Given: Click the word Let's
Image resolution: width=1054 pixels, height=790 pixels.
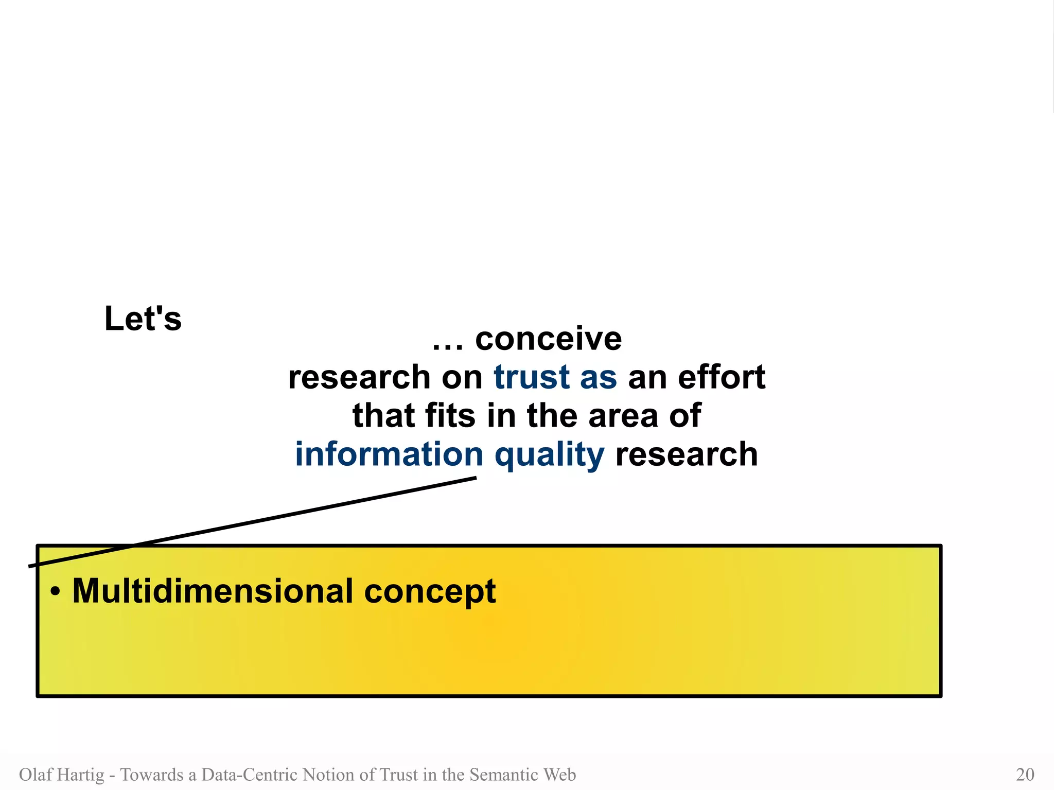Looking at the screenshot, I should pyautogui.click(x=143, y=319).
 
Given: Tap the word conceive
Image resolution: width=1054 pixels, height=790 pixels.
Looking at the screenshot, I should pyautogui.click(x=548, y=339).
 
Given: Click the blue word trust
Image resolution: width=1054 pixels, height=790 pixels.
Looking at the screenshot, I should pyautogui.click(x=532, y=377).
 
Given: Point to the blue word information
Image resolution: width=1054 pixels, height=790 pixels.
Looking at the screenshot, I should pyautogui.click(x=389, y=454).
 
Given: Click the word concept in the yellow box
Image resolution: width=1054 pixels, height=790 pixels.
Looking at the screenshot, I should pyautogui.click(x=430, y=592).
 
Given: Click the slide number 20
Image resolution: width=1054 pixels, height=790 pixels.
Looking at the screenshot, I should pyautogui.click(x=1025, y=775).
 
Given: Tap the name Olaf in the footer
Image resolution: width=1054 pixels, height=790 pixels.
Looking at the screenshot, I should pyautogui.click(x=35, y=775).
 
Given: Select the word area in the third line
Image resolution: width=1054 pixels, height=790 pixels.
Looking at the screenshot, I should pyautogui.click(x=623, y=416).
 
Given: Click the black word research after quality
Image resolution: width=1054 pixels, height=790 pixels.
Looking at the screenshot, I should pyautogui.click(x=686, y=454).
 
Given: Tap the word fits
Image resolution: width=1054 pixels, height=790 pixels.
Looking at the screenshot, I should pyautogui.click(x=450, y=416).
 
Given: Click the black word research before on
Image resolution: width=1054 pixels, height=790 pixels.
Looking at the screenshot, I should pyautogui.click(x=359, y=377).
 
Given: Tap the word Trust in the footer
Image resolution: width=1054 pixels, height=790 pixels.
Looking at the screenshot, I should pyautogui.click(x=398, y=775).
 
